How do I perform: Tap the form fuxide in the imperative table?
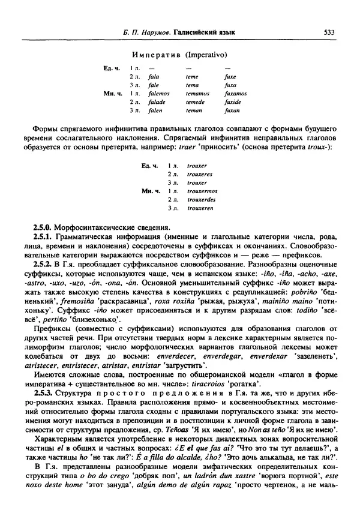(233, 103)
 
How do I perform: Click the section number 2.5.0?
(43, 228)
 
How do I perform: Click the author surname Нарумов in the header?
(150, 33)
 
